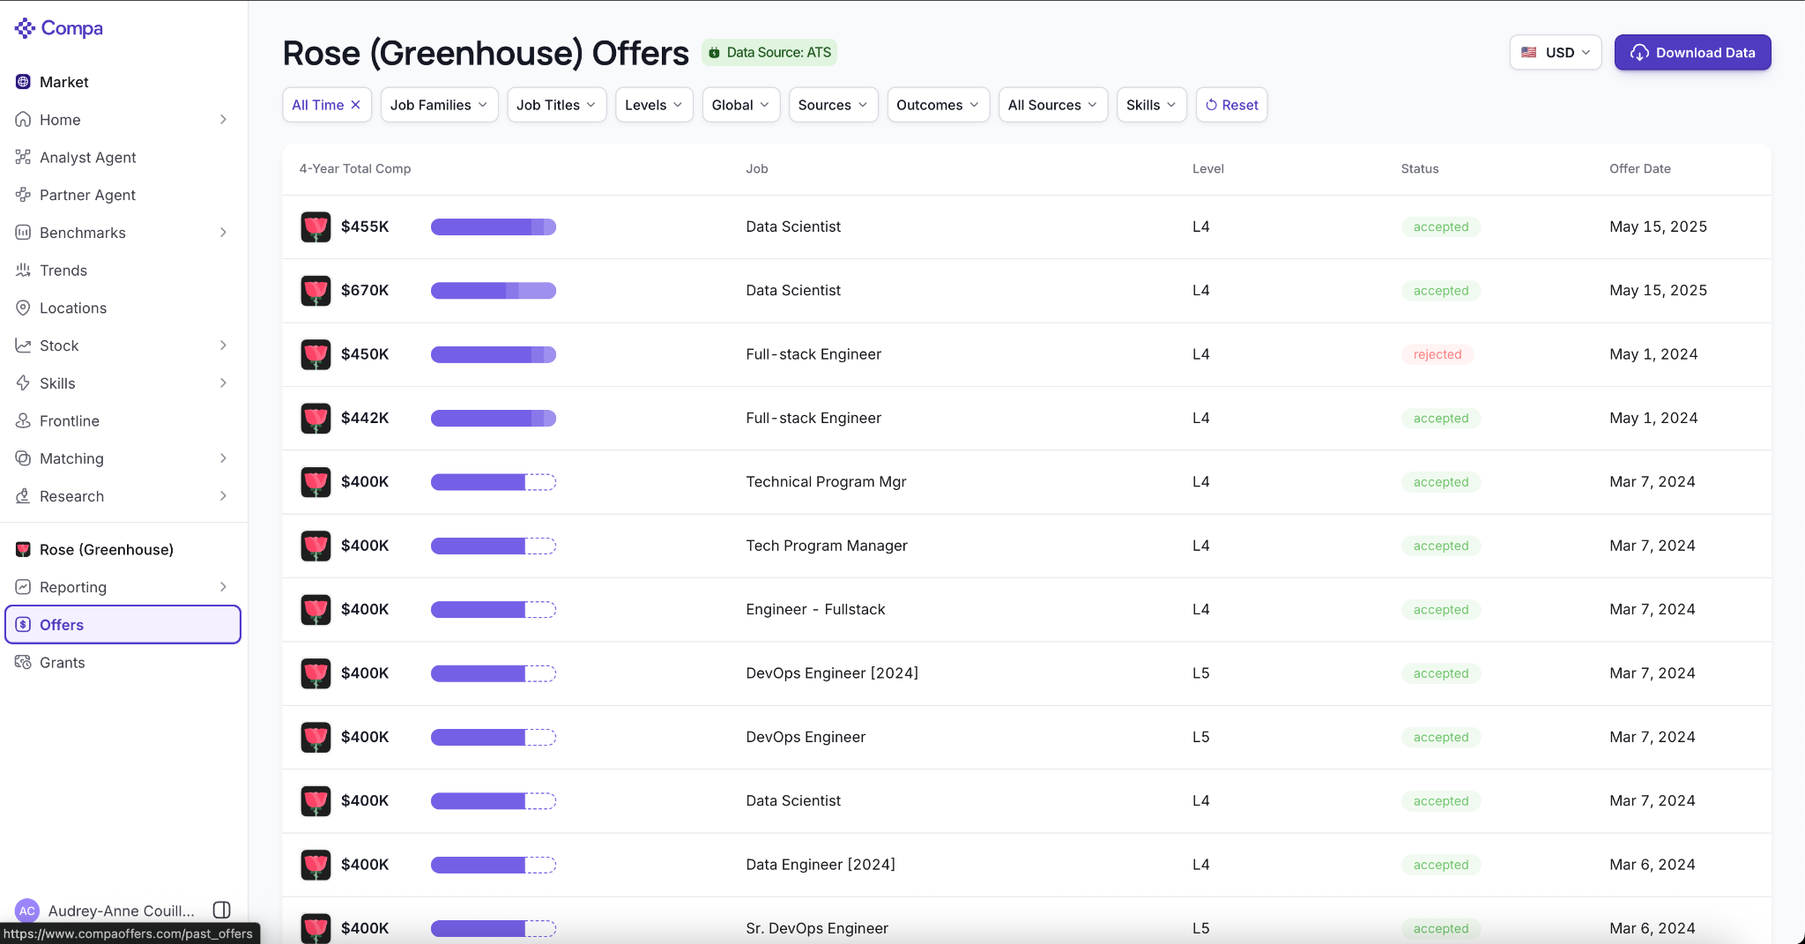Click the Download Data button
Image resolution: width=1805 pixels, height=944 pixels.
(x=1692, y=53)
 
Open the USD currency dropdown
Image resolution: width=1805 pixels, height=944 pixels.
(x=1555, y=53)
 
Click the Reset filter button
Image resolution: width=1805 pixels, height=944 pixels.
(x=1231, y=105)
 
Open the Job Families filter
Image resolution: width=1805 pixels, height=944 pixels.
(x=439, y=105)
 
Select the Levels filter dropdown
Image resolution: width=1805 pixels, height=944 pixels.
(x=654, y=105)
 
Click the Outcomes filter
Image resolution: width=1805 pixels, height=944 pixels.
(x=938, y=105)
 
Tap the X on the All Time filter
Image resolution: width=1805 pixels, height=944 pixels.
(x=356, y=105)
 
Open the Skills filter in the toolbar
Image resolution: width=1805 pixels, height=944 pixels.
(x=1151, y=105)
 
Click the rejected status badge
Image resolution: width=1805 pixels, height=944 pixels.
(x=1437, y=354)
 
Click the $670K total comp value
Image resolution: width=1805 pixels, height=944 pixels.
(x=365, y=290)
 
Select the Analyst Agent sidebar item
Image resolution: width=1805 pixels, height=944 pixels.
(x=88, y=158)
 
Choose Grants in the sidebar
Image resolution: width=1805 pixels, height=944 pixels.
(x=63, y=663)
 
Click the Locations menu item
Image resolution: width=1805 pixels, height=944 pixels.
(x=73, y=308)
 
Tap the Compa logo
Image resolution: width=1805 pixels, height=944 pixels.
(x=59, y=28)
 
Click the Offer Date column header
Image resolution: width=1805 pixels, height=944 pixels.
(x=1639, y=168)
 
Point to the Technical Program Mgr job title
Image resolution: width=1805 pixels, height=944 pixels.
(x=826, y=482)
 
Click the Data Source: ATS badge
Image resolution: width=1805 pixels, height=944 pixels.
(x=769, y=53)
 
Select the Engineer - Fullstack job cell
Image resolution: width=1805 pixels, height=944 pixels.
(x=815, y=610)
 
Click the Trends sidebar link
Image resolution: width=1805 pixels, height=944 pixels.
(x=63, y=271)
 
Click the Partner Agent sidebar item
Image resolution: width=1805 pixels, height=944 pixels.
(x=87, y=196)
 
